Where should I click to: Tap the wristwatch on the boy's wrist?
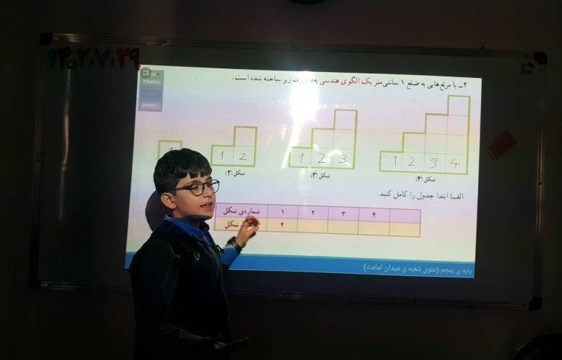(236, 244)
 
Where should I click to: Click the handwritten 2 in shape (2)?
(242, 156)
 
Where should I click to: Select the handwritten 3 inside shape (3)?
(342, 158)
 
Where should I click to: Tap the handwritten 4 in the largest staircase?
(455, 162)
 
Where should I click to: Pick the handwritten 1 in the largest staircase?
(393, 161)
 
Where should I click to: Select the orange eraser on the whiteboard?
(501, 145)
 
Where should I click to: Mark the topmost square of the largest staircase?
(459, 106)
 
